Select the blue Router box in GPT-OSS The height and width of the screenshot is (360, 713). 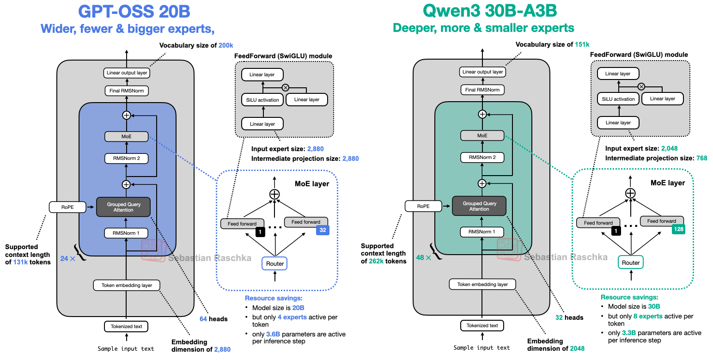click(x=275, y=263)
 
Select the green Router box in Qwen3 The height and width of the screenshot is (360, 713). click(x=631, y=262)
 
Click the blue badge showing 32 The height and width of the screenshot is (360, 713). click(x=322, y=230)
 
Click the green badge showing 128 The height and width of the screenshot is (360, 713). click(x=678, y=229)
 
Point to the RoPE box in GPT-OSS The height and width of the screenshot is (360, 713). click(x=67, y=207)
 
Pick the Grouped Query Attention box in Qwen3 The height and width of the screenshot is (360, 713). click(x=479, y=206)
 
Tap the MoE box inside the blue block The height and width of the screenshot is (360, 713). click(x=127, y=137)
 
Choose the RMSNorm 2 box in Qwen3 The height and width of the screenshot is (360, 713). click(x=482, y=157)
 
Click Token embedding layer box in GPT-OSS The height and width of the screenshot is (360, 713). click(x=127, y=285)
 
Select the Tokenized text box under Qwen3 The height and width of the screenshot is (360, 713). click(x=482, y=325)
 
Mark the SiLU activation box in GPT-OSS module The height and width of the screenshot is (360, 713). click(x=262, y=100)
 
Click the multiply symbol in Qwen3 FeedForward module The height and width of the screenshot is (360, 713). click(x=641, y=86)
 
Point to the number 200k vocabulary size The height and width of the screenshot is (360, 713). click(x=225, y=45)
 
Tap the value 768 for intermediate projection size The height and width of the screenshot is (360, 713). click(x=701, y=158)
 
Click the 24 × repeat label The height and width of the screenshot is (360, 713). click(x=67, y=259)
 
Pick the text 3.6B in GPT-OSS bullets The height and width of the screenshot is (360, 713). click(x=273, y=334)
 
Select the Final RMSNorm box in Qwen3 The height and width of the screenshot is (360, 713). click(x=482, y=90)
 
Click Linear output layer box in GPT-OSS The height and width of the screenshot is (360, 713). click(x=127, y=73)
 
